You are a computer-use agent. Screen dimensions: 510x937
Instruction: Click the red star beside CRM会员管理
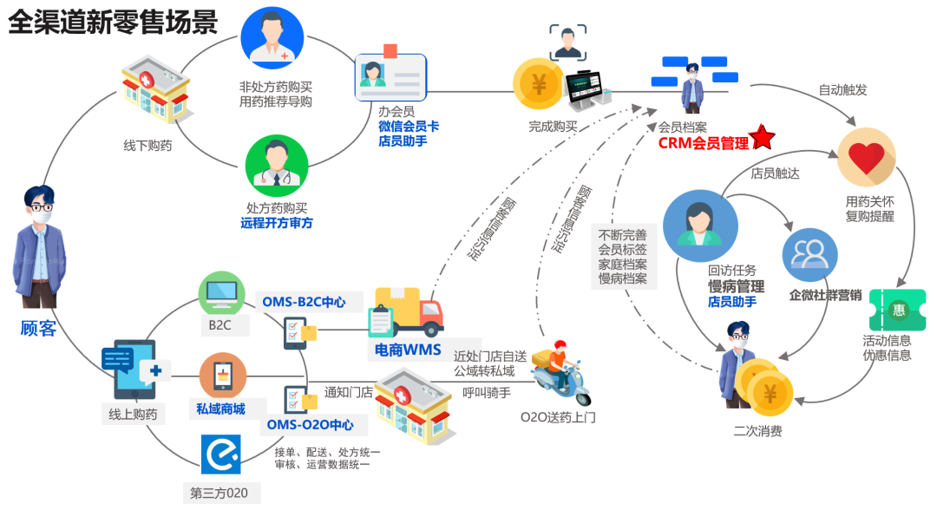pos(763,137)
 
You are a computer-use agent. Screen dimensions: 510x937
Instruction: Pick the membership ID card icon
pos(391,76)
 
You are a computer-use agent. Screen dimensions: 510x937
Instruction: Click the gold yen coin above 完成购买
pos(539,85)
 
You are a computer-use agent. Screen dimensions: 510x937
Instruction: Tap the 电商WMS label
pos(408,350)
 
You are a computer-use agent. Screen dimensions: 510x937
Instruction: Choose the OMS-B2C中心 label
pos(304,302)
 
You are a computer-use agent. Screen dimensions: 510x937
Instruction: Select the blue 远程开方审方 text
pos(276,223)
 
